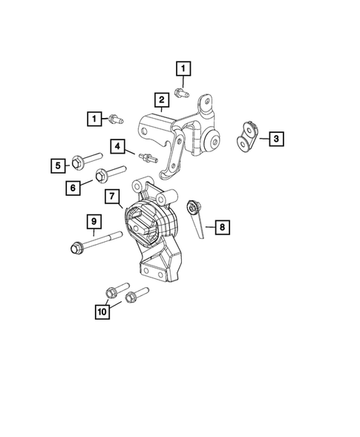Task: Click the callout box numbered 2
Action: (160, 99)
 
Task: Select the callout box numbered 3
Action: (275, 138)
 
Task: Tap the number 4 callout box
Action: (118, 146)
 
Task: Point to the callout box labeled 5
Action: (57, 166)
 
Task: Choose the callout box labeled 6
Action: (74, 188)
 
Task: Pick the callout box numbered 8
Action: (223, 228)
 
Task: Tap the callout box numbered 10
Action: (102, 312)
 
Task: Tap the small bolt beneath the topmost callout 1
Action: (182, 92)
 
